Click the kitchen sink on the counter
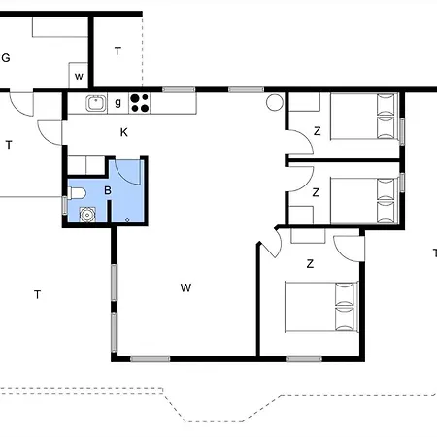coord(95,101)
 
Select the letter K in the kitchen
coord(124,131)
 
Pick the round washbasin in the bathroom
coord(87,215)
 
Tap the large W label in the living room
coord(185,287)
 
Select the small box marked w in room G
coord(79,76)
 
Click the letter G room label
coord(6,57)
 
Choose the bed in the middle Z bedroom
coord(361,201)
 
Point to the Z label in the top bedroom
coord(317,131)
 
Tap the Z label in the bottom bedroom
coord(310,263)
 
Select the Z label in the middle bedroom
coord(317,192)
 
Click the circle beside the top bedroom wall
coord(274,100)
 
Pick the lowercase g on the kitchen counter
coord(118,101)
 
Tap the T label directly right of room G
coord(118,50)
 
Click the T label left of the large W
coord(37,294)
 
